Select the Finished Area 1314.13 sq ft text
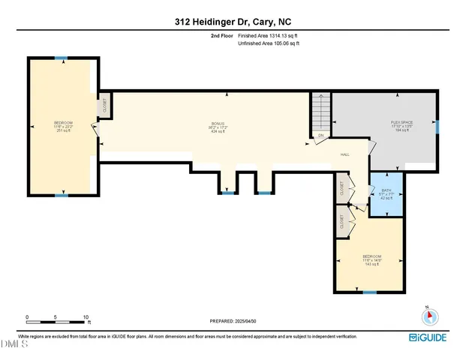coord(267,35)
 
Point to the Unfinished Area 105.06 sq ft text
coord(268,43)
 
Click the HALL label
coord(345,154)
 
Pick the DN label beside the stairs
coord(320,135)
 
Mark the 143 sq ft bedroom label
coord(371,259)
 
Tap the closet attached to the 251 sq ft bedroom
coord(104,106)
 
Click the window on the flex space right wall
coord(438,127)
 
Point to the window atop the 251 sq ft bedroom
coord(62,58)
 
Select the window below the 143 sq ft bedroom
coord(368,292)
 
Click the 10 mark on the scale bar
coord(86,317)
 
